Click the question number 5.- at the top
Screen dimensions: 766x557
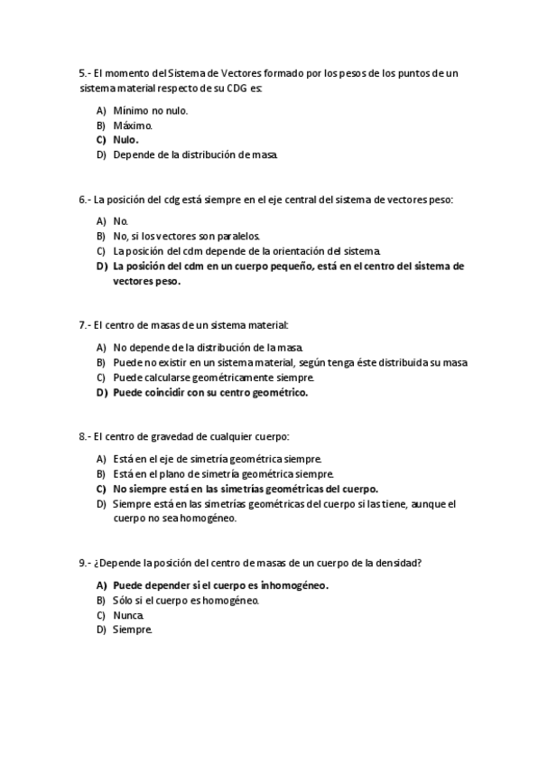pos(85,72)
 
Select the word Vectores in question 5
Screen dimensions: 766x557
pos(218,72)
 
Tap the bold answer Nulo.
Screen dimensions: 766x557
pos(125,140)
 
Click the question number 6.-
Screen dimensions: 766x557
pos(85,199)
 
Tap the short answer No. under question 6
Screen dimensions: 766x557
pos(121,221)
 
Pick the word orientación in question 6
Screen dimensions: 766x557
pos(271,251)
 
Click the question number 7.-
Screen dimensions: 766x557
pos(85,324)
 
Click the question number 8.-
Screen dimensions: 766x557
pos(85,436)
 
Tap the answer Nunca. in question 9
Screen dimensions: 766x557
pos(128,615)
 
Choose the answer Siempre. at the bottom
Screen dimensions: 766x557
pos(133,630)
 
